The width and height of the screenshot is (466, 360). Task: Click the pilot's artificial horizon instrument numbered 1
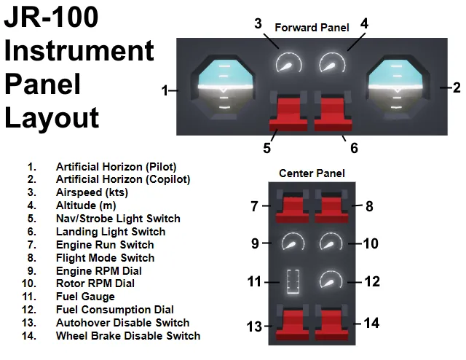223,87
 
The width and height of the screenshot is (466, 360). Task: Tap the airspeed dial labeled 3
288,63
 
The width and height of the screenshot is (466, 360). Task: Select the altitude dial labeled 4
332,63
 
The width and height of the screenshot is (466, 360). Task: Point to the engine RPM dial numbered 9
293,241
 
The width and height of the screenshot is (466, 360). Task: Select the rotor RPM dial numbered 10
331,241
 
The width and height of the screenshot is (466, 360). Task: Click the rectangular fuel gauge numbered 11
293,281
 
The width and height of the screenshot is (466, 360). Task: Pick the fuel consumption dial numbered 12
331,280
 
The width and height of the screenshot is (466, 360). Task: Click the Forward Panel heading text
312,28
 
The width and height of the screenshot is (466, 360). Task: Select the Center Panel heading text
312,173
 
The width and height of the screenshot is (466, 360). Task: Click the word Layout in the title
52,118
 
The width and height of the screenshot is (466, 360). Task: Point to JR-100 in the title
51,17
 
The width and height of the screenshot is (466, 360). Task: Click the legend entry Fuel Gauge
85,297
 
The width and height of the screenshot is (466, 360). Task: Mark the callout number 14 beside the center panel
371,323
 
